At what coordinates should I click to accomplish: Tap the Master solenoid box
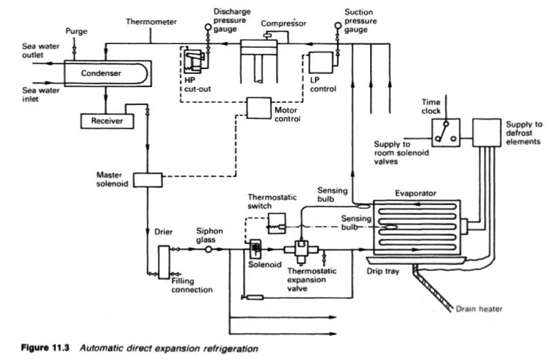pos(147,179)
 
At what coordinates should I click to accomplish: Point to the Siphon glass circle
pos(206,249)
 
